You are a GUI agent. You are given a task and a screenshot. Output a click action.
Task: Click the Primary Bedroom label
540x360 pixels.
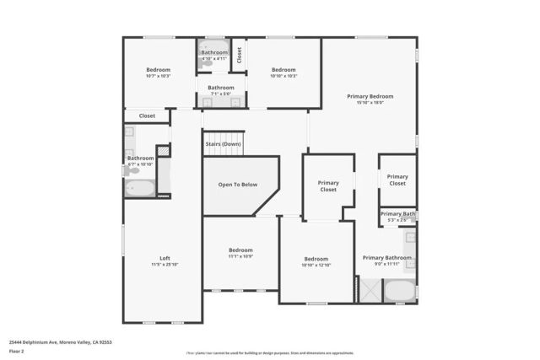370,96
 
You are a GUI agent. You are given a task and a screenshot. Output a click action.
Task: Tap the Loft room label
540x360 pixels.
165,258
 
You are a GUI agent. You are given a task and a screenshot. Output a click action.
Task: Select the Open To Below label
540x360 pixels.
237,185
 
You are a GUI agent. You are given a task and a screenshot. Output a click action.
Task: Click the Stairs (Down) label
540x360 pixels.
223,144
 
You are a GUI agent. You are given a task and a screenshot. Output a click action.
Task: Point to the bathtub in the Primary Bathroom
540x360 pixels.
399,293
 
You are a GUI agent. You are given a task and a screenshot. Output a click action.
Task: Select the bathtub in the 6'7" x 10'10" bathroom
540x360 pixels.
139,188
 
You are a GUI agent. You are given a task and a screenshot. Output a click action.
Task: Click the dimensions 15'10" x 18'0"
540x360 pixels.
370,103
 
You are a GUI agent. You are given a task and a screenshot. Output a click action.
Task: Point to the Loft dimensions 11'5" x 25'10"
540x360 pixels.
165,265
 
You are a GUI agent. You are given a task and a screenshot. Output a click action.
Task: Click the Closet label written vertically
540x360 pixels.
240,55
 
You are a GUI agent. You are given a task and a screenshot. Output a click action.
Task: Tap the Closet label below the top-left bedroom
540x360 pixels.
147,116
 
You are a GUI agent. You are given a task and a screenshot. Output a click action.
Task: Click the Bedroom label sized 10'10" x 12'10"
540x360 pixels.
316,258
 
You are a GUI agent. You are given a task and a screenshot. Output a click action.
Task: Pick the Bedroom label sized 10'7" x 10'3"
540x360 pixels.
158,70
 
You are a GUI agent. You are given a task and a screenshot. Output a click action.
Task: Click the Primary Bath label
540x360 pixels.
397,214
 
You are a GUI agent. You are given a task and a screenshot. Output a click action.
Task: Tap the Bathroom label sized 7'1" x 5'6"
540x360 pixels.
221,88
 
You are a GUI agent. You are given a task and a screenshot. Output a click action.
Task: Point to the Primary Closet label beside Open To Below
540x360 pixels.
328,185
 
